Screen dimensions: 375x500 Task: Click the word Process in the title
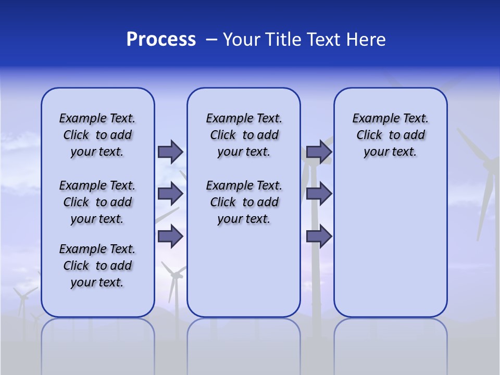161,40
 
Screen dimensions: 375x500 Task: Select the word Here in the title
366,40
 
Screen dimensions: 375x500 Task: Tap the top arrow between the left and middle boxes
170,152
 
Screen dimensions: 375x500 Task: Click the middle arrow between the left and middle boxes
170,194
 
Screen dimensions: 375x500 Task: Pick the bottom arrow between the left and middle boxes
170,236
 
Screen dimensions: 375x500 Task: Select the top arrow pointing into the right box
319,152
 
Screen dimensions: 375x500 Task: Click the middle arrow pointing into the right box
319,194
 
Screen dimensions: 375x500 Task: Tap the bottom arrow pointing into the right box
319,236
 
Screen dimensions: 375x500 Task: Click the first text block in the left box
97,135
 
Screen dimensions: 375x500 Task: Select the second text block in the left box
97,202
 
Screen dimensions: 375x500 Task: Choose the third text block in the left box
97,266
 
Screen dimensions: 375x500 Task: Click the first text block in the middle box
244,135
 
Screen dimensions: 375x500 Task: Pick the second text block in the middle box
244,202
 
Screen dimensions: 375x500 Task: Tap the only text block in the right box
390,135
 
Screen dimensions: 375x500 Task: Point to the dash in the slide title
211,40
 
